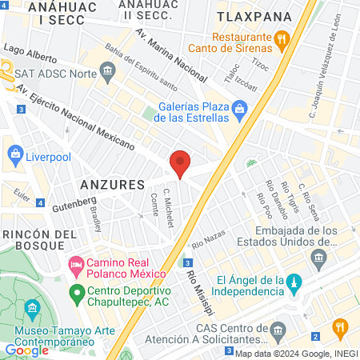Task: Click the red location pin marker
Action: point(181,164)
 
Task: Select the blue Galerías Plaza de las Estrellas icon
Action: point(239,108)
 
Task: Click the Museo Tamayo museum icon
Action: point(31,308)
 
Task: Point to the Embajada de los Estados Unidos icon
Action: point(319,258)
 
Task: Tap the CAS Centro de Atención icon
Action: point(278,330)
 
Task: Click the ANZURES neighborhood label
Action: point(111,184)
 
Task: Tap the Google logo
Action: point(26,350)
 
